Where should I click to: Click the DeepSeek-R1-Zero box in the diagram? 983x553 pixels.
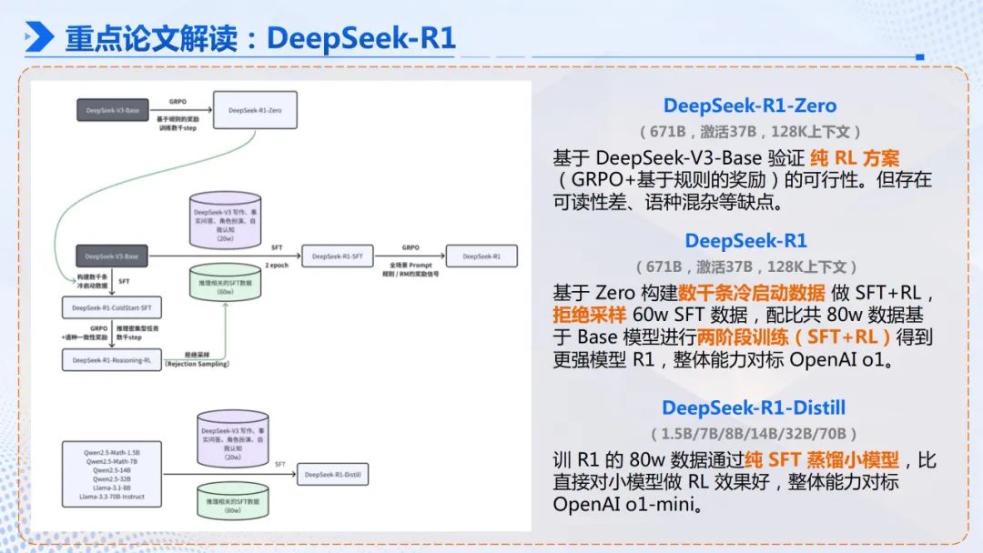(255, 110)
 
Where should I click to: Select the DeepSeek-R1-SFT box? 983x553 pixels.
(337, 256)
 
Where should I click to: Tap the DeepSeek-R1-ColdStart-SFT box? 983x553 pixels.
(111, 308)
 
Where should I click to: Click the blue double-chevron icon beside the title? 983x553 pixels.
(39, 38)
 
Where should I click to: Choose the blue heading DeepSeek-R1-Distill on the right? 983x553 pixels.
(748, 407)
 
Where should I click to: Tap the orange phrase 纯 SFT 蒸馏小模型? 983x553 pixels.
(821, 460)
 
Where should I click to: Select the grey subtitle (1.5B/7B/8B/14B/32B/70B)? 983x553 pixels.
(748, 433)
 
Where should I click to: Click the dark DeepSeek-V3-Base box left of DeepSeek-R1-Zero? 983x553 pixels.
(112, 110)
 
